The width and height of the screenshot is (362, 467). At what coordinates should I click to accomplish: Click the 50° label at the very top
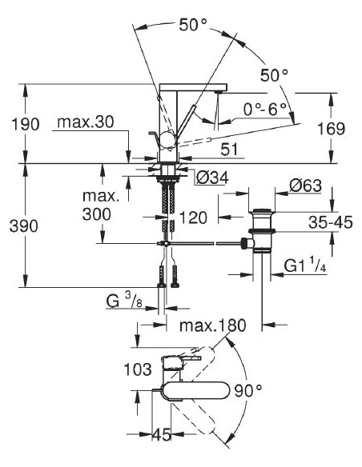193,25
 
